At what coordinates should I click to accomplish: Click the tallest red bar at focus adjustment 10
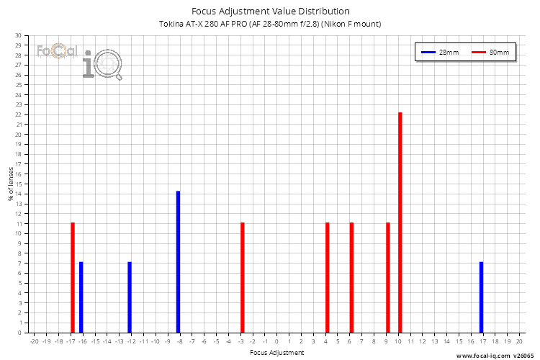(400, 222)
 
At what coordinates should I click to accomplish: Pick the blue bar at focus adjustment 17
(481, 297)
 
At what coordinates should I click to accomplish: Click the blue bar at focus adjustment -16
(81, 297)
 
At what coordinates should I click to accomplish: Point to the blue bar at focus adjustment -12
(130, 297)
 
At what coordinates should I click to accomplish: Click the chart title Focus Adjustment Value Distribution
(270, 12)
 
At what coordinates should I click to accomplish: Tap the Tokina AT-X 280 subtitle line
(270, 24)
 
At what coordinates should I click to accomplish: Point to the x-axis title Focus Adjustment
(276, 353)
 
